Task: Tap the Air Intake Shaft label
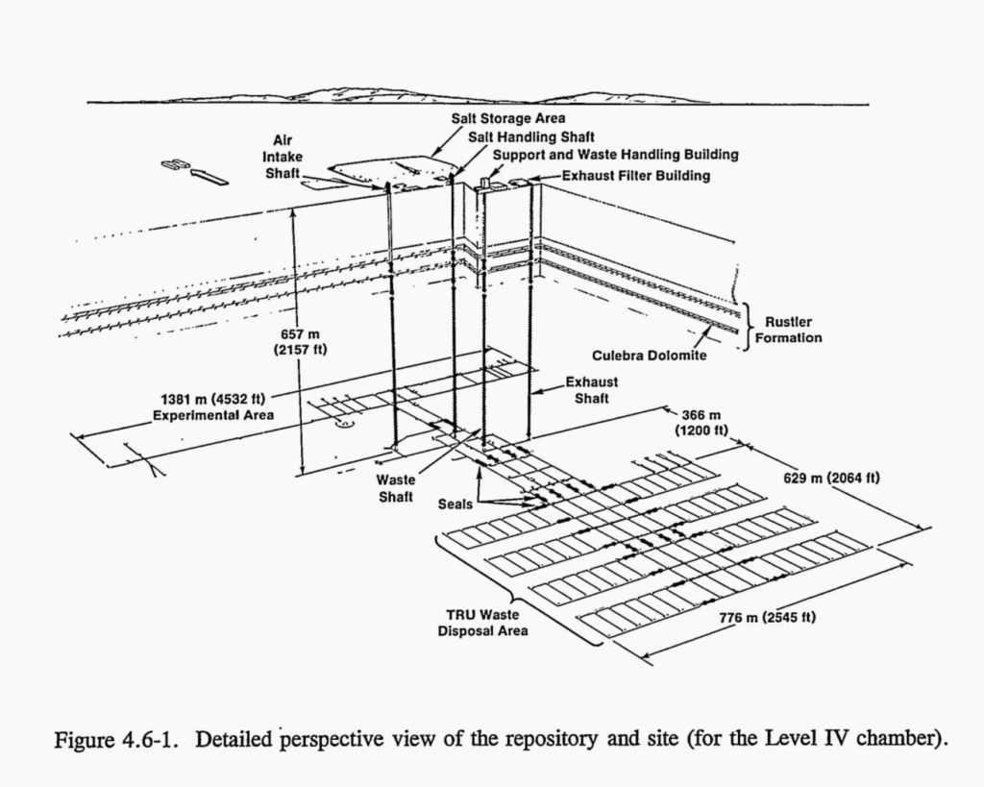point(283,156)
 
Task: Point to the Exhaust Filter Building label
point(635,175)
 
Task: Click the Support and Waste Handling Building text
point(615,155)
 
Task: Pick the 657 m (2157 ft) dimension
point(307,341)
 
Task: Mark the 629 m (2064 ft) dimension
point(831,478)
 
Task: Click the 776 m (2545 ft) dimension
point(768,616)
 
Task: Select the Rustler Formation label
point(794,331)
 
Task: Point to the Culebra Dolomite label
point(650,356)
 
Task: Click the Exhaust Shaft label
point(591,389)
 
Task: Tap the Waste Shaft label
point(395,487)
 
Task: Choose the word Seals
point(455,504)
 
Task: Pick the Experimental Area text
point(212,415)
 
